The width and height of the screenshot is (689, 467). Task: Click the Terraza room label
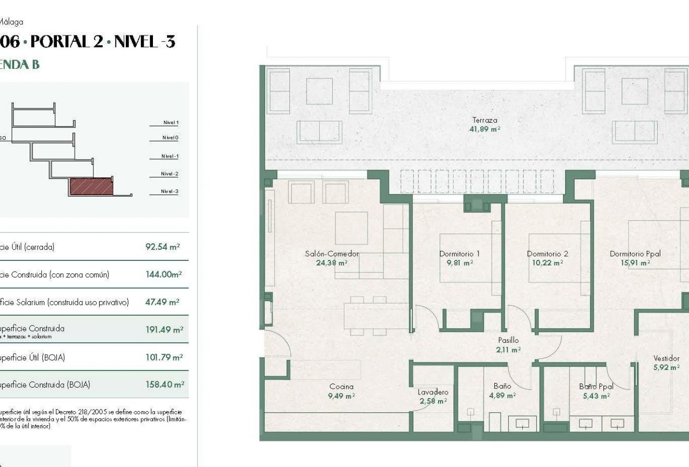pos(484,120)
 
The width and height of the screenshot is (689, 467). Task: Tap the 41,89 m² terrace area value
pos(484,129)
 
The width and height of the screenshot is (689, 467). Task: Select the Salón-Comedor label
pos(332,254)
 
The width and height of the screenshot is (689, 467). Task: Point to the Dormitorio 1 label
pos(459,254)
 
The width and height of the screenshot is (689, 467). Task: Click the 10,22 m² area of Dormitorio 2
pos(547,263)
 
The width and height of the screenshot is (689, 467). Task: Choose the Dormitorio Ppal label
pos(635,254)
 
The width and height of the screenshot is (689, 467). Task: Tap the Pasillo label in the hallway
pos(508,340)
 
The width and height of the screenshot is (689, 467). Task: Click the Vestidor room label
pos(666,358)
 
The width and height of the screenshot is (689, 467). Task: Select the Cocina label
pos(341,387)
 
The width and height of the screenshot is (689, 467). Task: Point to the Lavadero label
pos(433,392)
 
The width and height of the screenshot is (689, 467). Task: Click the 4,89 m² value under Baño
pos(502,396)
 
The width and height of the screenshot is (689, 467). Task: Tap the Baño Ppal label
pos(596,387)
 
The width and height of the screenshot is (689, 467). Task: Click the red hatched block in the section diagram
pos(91,186)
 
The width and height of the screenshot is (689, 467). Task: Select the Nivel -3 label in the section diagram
pos(170,191)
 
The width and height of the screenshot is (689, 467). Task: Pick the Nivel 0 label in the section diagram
pos(170,138)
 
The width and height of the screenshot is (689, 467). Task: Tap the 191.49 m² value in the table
pos(164,330)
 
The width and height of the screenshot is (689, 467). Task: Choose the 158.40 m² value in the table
pos(164,385)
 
